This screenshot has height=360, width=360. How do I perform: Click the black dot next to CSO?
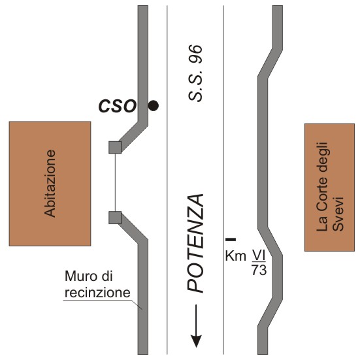click(153, 106)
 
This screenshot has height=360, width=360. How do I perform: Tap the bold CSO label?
click(118, 106)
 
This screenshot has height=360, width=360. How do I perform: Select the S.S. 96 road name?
click(195, 73)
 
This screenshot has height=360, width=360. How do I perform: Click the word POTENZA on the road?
click(195, 244)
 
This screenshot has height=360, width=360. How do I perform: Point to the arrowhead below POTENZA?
click(196, 341)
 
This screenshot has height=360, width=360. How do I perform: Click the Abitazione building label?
click(50, 184)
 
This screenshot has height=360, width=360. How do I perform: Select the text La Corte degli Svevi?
click(330, 187)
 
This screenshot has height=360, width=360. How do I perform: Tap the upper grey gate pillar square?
click(115, 148)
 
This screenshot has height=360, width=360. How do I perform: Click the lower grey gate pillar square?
click(115, 218)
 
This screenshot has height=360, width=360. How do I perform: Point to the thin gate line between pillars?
click(115, 182)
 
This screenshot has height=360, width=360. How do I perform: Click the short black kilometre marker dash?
click(231, 240)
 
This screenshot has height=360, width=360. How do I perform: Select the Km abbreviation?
click(236, 255)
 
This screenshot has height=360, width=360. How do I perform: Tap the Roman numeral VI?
click(259, 255)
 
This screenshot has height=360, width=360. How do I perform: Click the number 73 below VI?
click(259, 270)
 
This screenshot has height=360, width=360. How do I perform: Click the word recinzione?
click(97, 293)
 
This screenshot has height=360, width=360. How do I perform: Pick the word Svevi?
click(338, 214)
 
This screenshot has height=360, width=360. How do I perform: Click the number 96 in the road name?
click(195, 54)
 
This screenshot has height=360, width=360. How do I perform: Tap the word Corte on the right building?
click(321, 195)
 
